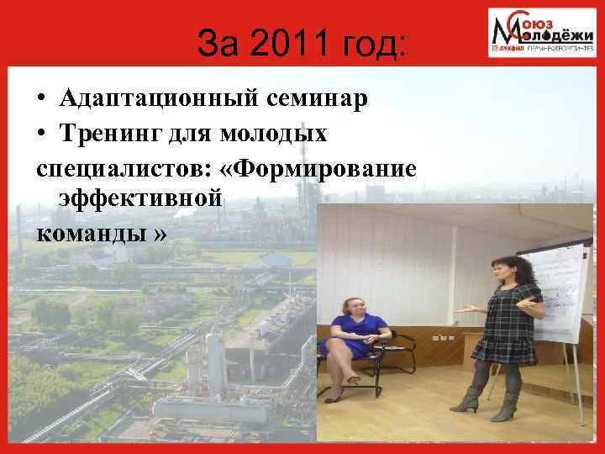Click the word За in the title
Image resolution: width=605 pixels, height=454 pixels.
(x=216, y=44)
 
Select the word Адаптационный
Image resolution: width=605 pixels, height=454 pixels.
(x=160, y=100)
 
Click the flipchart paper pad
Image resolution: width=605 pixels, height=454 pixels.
(x=554, y=290)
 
